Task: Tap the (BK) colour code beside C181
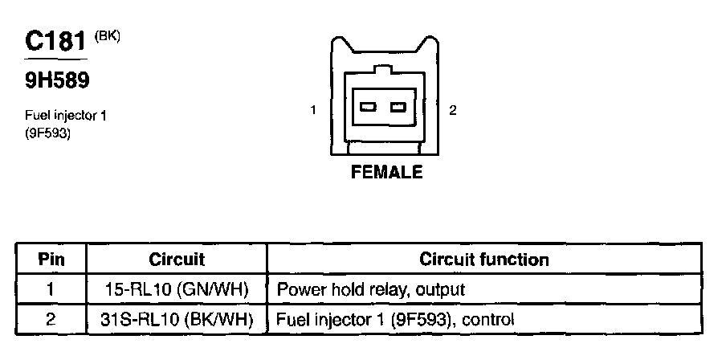(x=107, y=37)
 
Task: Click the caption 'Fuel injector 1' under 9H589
(x=66, y=116)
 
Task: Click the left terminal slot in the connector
(x=368, y=108)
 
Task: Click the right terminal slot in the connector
(x=397, y=108)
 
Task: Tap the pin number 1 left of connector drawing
(x=315, y=110)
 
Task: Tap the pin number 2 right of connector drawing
(x=453, y=110)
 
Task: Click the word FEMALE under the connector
(x=386, y=173)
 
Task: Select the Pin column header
(x=51, y=260)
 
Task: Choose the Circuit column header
(x=177, y=260)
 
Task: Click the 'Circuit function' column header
(x=484, y=260)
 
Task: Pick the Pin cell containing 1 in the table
(x=51, y=288)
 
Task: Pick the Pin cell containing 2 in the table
(x=51, y=319)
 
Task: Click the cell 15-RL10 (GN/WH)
(x=177, y=288)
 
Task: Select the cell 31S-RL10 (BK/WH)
(x=177, y=319)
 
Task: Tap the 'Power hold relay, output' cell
(x=370, y=288)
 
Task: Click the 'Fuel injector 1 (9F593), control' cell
(x=394, y=319)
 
